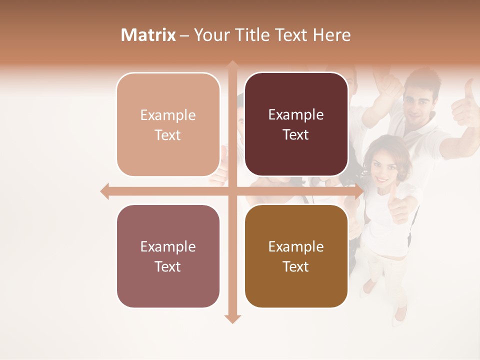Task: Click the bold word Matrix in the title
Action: click(x=148, y=35)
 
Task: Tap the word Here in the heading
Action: click(x=331, y=35)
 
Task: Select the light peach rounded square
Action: click(x=168, y=124)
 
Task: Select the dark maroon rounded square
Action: click(x=296, y=124)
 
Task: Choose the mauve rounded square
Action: click(x=168, y=256)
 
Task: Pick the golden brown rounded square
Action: click(x=296, y=256)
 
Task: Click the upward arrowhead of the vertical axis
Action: click(x=232, y=64)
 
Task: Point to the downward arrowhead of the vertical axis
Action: click(x=232, y=319)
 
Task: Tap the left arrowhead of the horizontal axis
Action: click(x=104, y=191)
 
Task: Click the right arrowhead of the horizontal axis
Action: click(x=359, y=191)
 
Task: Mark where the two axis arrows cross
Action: click(x=232, y=191)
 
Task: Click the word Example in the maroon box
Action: click(x=296, y=114)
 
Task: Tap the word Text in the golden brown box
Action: click(x=296, y=266)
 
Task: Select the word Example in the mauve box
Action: click(x=168, y=246)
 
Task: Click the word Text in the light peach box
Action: click(x=168, y=135)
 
